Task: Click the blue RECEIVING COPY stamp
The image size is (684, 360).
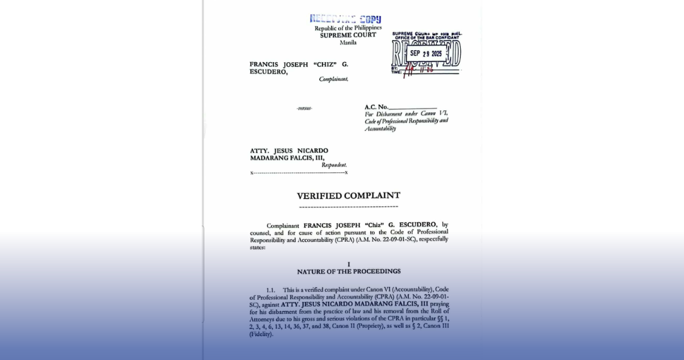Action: click(345, 19)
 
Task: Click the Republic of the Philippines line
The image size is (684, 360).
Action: click(348, 28)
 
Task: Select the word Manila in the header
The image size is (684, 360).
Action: click(348, 42)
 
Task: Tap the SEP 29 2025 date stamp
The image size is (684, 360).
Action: click(426, 53)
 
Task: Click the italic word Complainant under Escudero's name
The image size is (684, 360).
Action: click(333, 79)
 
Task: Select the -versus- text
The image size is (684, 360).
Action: click(305, 108)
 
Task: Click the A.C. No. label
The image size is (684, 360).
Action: click(375, 107)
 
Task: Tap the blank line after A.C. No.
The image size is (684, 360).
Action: click(412, 108)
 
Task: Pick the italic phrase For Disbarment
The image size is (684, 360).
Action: click(383, 114)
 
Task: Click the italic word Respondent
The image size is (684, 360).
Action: click(334, 165)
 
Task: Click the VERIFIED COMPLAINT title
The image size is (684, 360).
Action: click(349, 196)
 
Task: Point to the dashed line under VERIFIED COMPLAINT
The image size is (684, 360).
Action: click(349, 206)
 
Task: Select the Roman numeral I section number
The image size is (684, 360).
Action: click(349, 265)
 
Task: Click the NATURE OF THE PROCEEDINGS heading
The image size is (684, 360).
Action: click(349, 272)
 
